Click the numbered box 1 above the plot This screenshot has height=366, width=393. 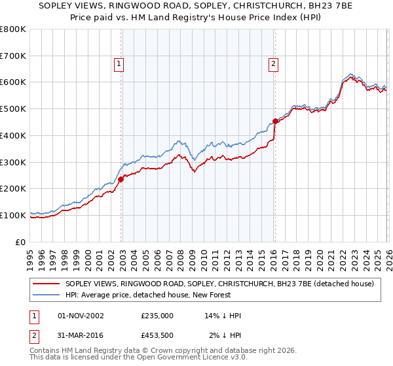click(119, 63)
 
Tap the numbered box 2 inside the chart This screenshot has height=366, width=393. click(272, 63)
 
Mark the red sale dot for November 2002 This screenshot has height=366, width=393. click(121, 179)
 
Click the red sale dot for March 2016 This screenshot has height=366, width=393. click(276, 121)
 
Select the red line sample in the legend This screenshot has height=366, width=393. click(47, 284)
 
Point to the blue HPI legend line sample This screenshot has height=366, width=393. click(47, 293)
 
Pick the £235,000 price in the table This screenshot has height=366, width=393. click(157, 316)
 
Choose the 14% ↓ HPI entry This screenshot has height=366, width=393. click(223, 316)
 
